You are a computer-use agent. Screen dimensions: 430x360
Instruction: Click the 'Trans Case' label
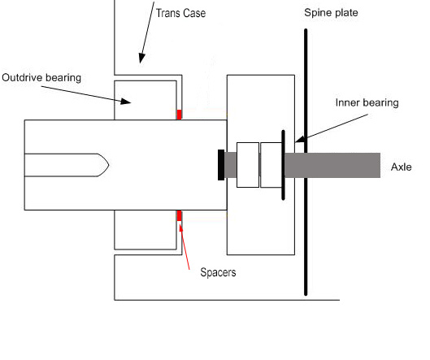pos(180,13)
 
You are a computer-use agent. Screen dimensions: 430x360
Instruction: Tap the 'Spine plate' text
pos(331,13)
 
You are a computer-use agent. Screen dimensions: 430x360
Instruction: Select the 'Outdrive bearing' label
pos(41,77)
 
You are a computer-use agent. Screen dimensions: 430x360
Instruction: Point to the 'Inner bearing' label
pos(367,102)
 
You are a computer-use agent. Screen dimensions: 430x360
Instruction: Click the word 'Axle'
pos(402,167)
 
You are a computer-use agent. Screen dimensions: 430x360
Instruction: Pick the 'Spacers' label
pos(218,272)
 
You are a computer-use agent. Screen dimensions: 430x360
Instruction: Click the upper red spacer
pos(179,115)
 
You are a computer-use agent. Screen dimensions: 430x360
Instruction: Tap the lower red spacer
pos(179,215)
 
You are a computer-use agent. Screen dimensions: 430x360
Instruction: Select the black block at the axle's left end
pos(221,165)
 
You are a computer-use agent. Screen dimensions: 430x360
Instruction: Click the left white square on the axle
pos(248,165)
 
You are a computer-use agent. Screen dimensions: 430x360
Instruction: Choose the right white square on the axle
pos(271,165)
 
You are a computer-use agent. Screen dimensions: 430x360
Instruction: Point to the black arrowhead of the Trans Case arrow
pos(141,58)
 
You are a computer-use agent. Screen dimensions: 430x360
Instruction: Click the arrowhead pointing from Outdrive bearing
pos(126,101)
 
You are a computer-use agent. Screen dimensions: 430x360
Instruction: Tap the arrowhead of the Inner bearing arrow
pos(300,139)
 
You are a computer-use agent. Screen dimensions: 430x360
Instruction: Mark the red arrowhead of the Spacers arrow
pos(180,227)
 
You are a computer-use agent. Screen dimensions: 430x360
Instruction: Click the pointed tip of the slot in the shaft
pos(109,165)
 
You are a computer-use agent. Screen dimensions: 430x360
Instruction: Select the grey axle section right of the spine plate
pos(344,165)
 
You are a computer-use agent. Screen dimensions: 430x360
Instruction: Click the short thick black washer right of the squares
pos(284,165)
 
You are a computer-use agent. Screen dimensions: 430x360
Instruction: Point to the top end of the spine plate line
pos(306,29)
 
